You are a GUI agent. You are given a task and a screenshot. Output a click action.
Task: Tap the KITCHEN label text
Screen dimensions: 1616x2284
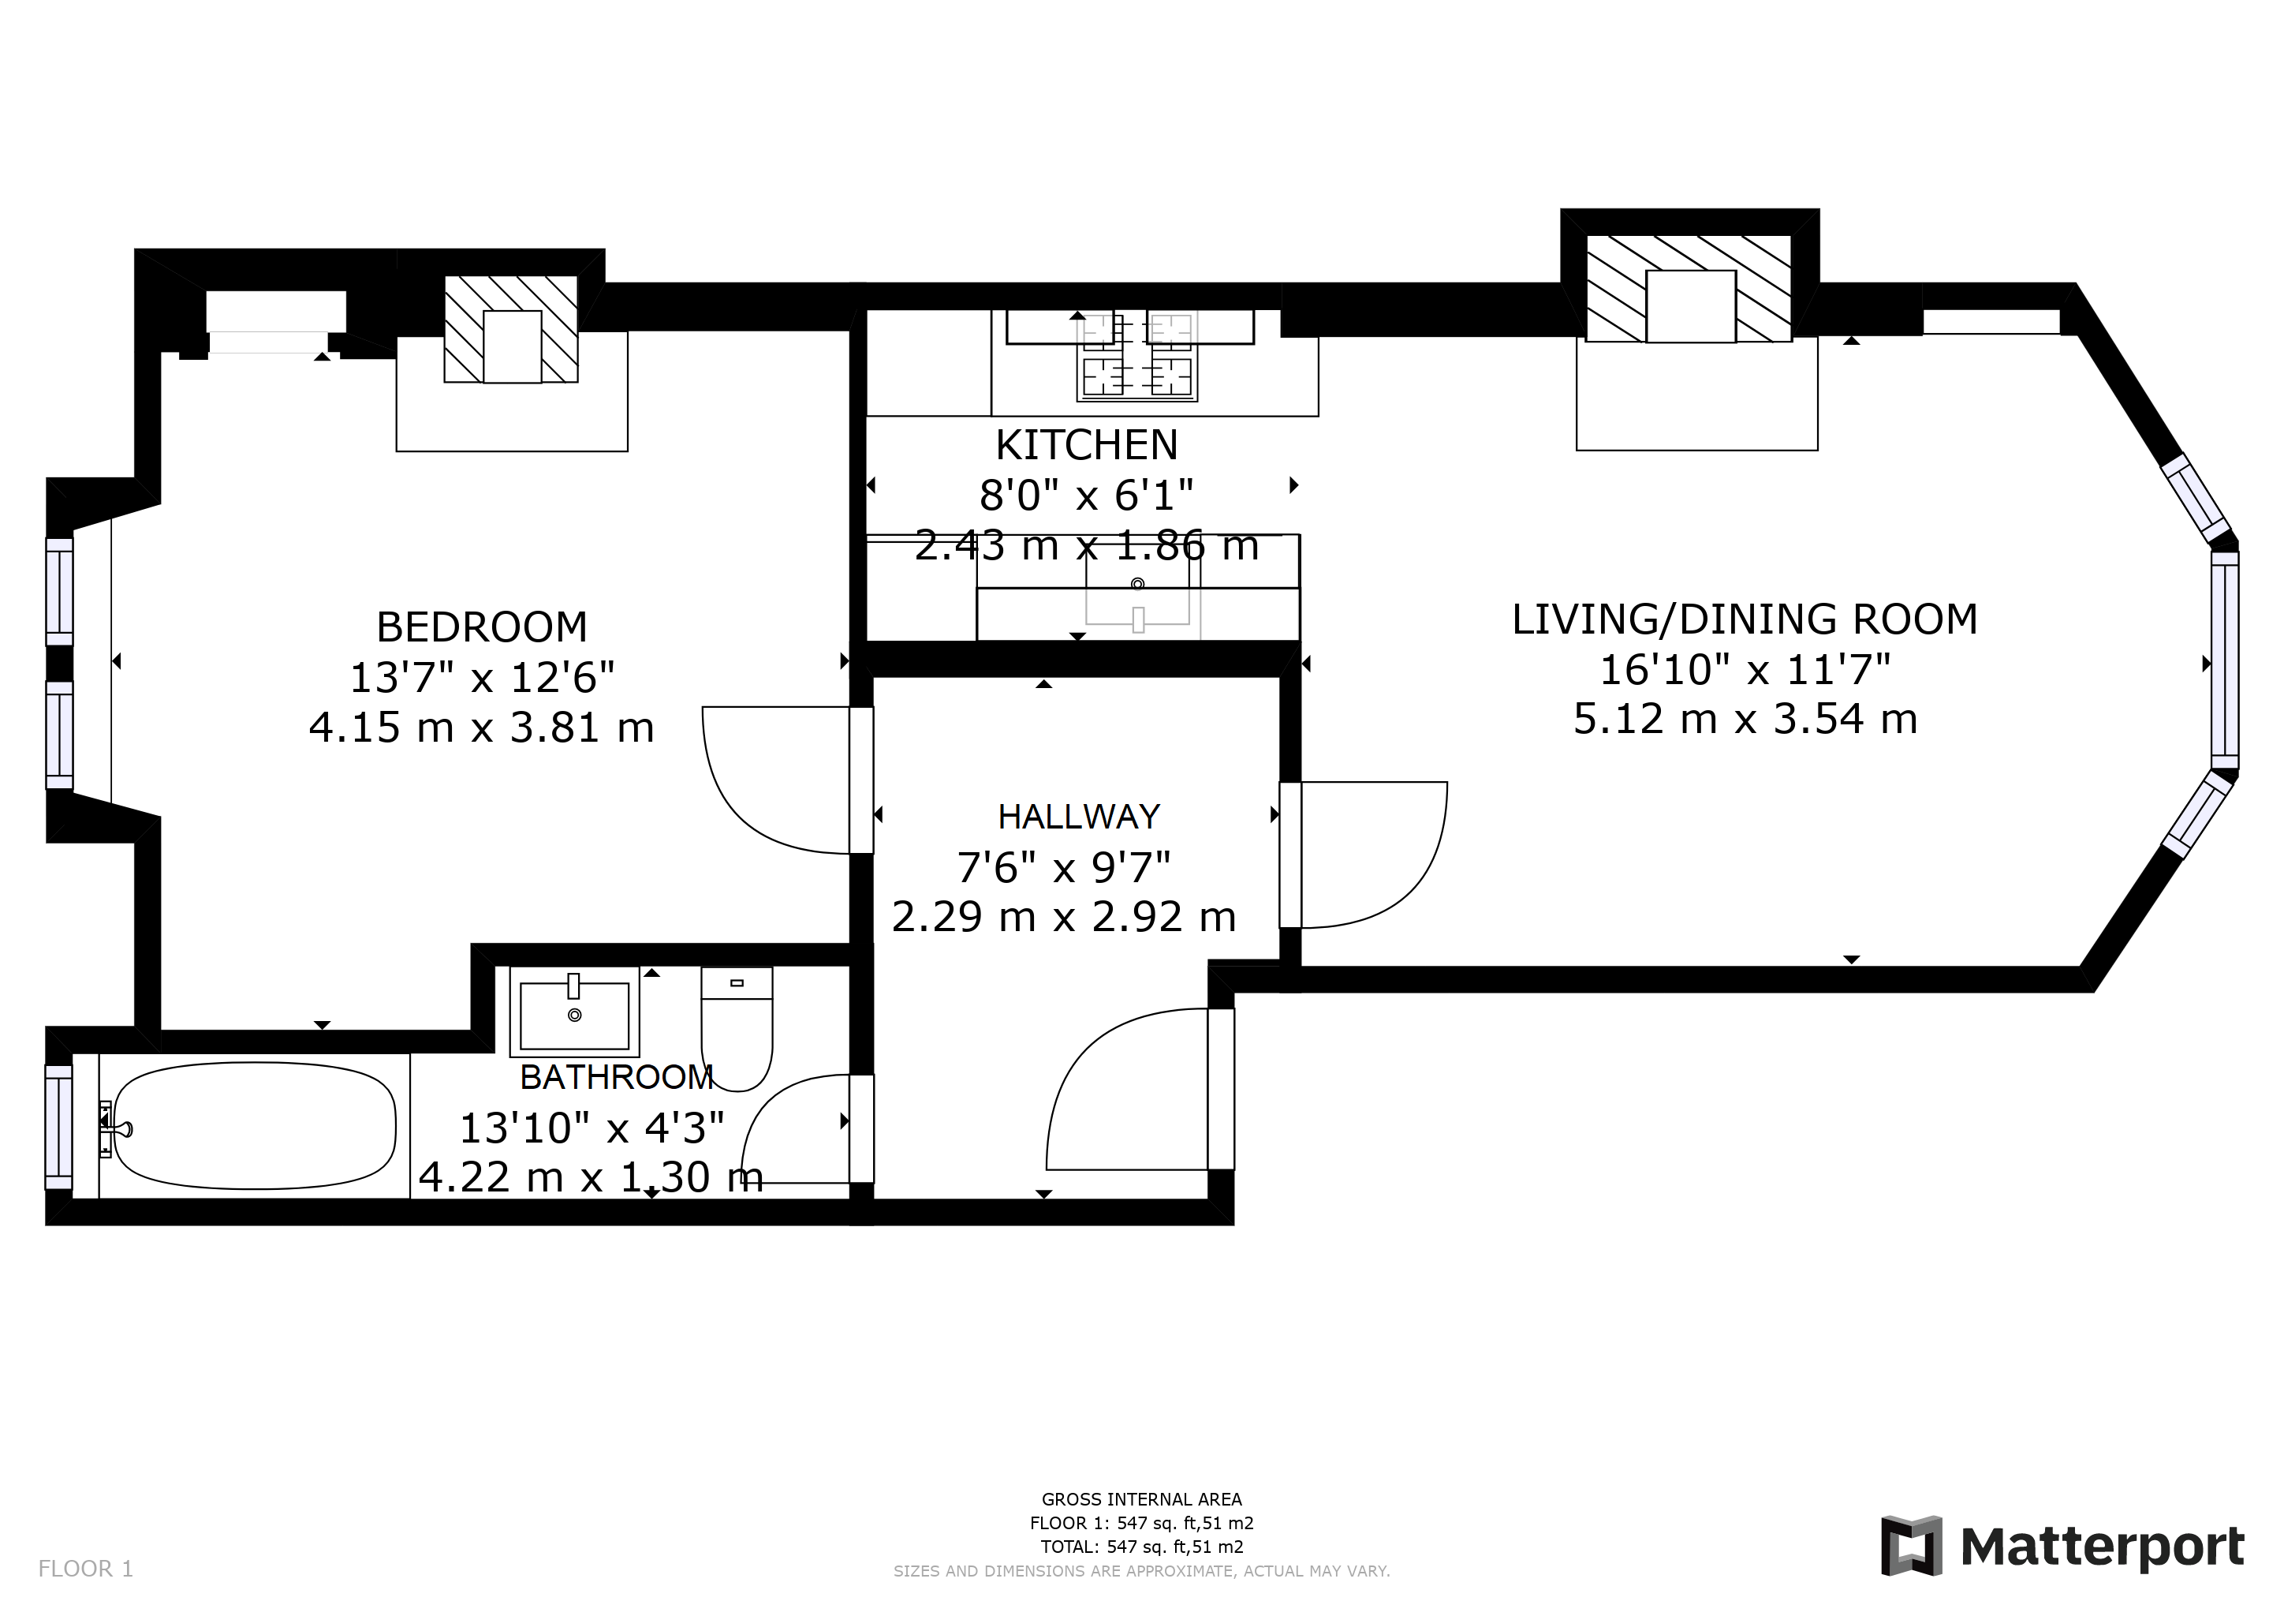click(x=1086, y=445)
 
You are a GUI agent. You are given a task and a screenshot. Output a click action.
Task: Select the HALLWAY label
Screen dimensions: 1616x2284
click(x=1078, y=817)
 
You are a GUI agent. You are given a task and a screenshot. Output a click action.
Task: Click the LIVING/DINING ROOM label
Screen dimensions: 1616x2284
click(x=1745, y=619)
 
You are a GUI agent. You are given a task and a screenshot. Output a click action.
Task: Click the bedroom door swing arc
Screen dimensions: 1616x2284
click(x=756, y=796)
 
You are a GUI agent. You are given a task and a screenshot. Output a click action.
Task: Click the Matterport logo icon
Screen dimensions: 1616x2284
click(x=1911, y=1545)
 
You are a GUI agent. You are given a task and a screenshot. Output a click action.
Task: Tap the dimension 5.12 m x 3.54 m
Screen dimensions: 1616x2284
click(x=1745, y=720)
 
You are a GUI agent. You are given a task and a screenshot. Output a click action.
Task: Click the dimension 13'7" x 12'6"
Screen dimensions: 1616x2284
click(x=481, y=678)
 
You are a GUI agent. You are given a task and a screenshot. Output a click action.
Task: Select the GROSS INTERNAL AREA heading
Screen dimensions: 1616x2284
click(x=1141, y=1498)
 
